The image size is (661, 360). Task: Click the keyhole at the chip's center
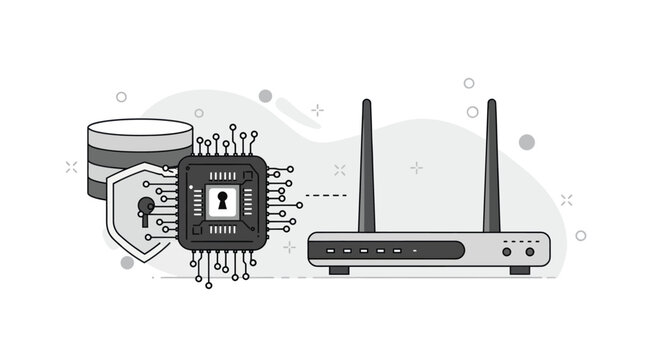tap(222, 201)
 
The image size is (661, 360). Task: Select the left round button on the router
tap(507, 251)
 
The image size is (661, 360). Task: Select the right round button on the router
tap(529, 251)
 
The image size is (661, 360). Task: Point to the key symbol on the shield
tap(146, 209)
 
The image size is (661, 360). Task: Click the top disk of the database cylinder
tap(139, 131)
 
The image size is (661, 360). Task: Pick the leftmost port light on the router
tap(328, 250)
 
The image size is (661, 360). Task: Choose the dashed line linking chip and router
tap(326, 195)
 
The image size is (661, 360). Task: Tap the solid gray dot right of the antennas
tap(526, 142)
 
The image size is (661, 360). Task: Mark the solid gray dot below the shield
tap(127, 262)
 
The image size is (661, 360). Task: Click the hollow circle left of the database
tap(121, 97)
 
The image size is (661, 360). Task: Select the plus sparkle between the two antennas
tap(416, 167)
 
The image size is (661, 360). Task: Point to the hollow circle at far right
tap(581, 235)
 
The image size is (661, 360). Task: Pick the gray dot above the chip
tap(265, 96)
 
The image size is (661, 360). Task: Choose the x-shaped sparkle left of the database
tap(71, 167)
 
